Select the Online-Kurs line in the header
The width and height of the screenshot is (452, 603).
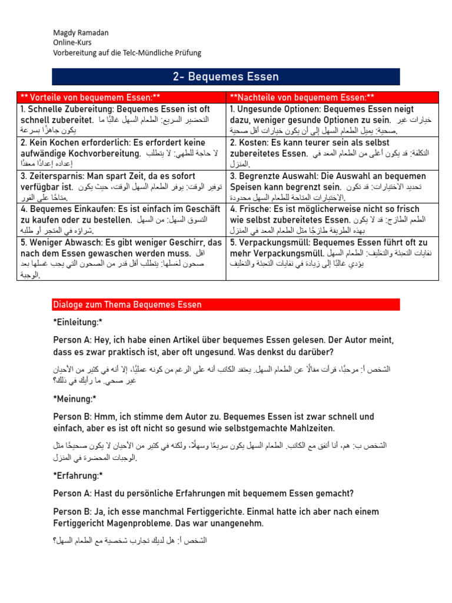pos(73,42)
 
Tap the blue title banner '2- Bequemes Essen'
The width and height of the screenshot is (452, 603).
pos(226,77)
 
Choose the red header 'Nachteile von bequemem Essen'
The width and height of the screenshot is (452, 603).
pos(302,97)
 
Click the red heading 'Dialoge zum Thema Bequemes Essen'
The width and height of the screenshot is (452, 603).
pos(127,304)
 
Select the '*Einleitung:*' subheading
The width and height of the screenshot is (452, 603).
pos(78,322)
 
